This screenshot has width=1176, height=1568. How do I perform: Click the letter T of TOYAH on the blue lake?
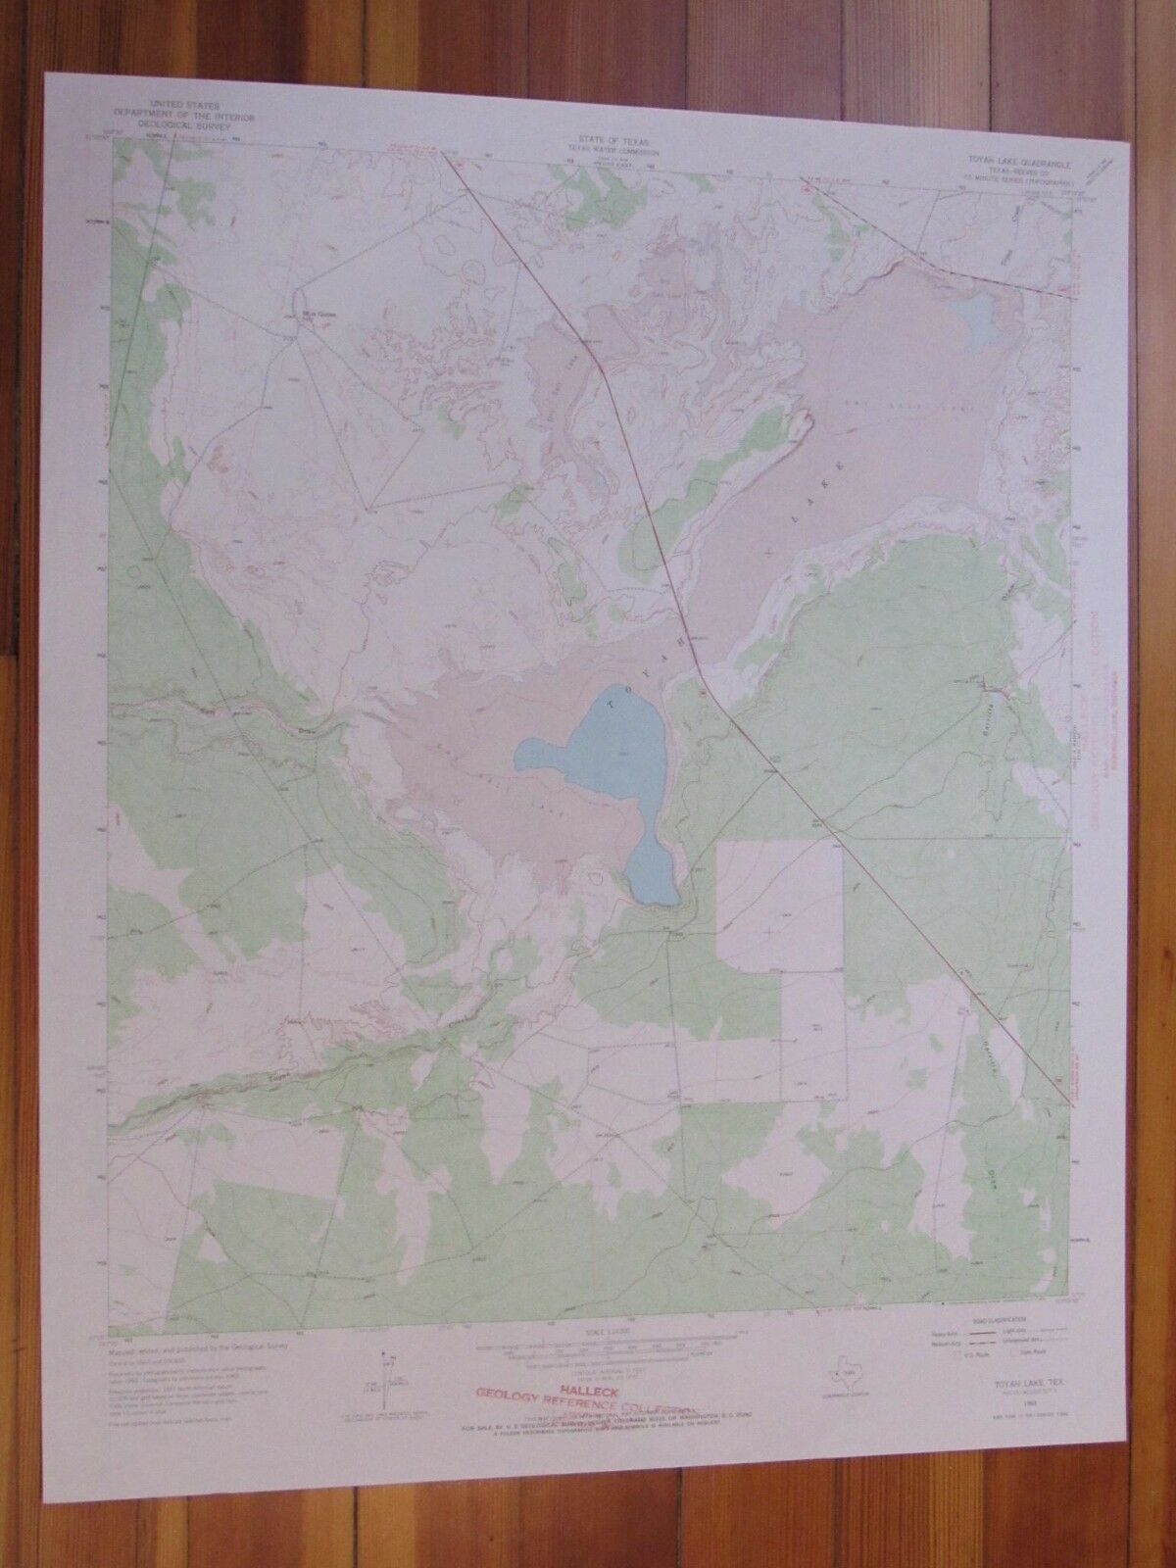pos(614,703)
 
